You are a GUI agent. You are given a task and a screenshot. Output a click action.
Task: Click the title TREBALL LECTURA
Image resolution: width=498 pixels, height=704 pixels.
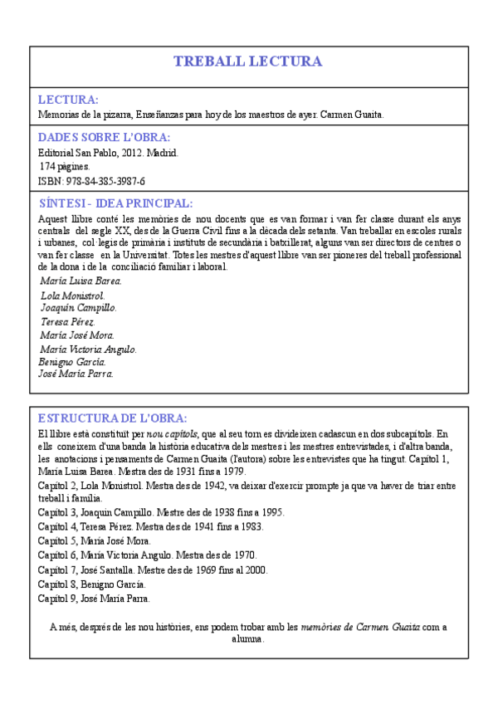coord(248,61)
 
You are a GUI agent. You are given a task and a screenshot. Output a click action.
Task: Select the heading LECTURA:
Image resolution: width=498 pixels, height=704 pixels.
coord(69,100)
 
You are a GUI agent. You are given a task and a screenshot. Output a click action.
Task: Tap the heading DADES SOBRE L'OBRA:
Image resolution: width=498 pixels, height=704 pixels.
coord(105,138)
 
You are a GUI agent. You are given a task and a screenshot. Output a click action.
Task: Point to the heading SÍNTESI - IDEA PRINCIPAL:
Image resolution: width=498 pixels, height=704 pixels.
coord(116,203)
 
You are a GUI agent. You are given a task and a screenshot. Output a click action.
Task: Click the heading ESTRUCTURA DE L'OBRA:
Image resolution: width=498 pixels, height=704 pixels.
coord(113,418)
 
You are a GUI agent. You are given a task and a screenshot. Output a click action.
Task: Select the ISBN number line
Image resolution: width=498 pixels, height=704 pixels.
coord(92,181)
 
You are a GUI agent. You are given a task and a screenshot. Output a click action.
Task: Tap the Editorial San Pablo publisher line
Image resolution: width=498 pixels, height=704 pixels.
coord(109,154)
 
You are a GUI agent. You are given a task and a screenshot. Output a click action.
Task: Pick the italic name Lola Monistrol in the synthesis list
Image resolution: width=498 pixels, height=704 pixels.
coord(72,295)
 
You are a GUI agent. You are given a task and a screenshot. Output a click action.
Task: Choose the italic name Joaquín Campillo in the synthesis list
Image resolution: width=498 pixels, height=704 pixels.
coord(78,307)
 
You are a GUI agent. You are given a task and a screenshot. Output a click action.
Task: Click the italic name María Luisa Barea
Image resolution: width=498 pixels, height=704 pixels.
coord(80,281)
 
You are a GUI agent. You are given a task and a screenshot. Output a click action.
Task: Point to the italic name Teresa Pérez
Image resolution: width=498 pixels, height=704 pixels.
coord(68,321)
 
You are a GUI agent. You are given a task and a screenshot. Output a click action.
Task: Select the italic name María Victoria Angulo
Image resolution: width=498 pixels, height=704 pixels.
coord(88,349)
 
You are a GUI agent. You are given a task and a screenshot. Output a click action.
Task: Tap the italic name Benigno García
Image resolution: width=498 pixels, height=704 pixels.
coord(72,361)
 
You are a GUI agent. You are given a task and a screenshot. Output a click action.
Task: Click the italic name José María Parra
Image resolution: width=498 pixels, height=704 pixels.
coord(76,374)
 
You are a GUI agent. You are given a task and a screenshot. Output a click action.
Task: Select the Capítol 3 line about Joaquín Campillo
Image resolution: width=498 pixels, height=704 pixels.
coord(161,512)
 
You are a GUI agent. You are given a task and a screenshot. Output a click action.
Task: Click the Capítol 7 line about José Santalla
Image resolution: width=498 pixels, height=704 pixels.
coord(153,570)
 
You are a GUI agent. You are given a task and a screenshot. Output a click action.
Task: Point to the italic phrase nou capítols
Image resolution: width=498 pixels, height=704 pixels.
coord(172,433)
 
